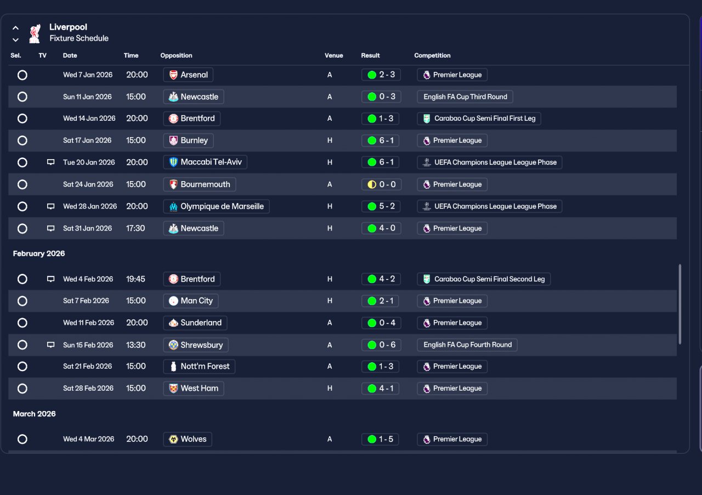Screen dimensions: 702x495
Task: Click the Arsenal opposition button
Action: (x=188, y=75)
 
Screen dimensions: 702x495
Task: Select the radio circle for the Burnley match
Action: (x=22, y=140)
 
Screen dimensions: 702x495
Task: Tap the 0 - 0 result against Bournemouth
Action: (x=381, y=184)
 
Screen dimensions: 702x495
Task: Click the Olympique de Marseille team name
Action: (x=222, y=206)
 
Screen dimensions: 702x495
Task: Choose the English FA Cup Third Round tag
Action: (x=465, y=97)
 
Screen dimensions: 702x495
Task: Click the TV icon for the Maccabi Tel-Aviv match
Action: (x=50, y=162)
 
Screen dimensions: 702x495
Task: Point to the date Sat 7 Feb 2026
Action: (x=86, y=301)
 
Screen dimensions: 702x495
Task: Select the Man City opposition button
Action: (x=190, y=301)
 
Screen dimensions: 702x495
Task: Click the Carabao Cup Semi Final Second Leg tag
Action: (x=484, y=279)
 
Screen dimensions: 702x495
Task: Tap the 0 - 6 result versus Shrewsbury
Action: (x=381, y=345)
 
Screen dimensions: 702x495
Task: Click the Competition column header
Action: (x=432, y=55)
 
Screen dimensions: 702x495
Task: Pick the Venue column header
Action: (x=334, y=55)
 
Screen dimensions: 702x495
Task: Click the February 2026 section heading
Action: (x=39, y=254)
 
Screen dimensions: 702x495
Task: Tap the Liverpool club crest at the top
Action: (x=35, y=33)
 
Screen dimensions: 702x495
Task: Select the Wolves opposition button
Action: (x=188, y=439)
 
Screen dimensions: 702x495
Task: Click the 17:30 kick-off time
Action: (x=135, y=228)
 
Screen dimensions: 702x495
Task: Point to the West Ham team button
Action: (x=194, y=389)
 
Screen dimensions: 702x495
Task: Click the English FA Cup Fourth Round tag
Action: (x=467, y=345)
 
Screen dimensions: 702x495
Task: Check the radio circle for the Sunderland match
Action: (x=22, y=323)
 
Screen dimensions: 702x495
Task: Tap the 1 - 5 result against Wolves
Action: (x=380, y=439)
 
